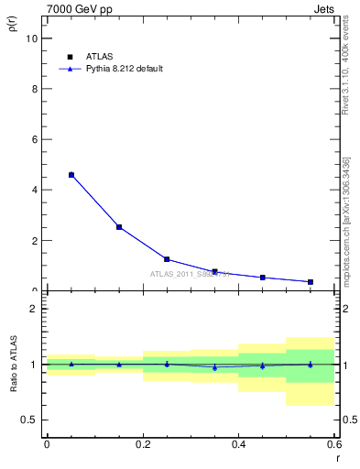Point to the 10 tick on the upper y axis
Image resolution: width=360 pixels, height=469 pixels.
coord(32,38)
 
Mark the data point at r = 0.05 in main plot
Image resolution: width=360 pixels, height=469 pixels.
coord(71,175)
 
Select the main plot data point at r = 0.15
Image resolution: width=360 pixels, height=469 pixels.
coord(119,227)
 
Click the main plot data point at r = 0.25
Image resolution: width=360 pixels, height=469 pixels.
coord(167,259)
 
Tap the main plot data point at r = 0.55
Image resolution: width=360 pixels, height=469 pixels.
coord(311,281)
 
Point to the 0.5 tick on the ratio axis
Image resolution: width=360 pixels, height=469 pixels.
coord(29,420)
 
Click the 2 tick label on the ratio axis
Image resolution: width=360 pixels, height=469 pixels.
coord(35,309)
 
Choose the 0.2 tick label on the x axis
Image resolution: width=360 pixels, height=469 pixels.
coord(143,444)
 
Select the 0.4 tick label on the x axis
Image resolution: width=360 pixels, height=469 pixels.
coord(238,444)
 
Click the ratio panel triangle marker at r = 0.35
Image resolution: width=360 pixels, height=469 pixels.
coord(214,367)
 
